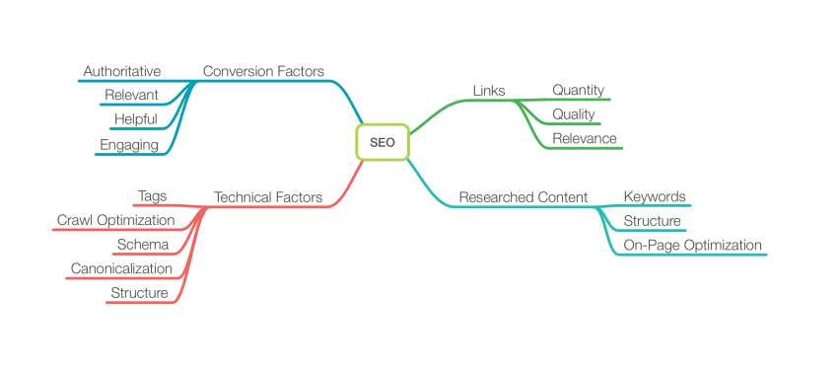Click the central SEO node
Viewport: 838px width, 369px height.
382,142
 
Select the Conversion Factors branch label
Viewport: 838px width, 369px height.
263,71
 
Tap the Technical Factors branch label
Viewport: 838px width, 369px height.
268,197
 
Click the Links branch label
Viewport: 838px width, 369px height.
489,91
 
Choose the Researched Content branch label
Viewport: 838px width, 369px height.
524,197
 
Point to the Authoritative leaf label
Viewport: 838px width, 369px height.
122,71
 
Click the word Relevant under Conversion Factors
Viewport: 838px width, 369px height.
131,95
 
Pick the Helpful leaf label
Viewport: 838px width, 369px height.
136,119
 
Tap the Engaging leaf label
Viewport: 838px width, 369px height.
129,145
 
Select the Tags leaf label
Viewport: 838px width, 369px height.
152,196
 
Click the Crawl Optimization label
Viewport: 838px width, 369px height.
115,220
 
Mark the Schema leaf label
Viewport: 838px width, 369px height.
143,245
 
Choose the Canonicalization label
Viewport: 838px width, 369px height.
121,268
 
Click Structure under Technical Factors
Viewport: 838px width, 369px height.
139,293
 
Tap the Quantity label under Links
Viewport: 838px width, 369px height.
578,90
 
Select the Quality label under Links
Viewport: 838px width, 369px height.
573,114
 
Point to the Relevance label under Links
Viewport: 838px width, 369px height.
584,138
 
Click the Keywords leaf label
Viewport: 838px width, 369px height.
655,196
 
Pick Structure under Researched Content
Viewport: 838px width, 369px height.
652,221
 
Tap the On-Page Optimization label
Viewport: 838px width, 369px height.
692,245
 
